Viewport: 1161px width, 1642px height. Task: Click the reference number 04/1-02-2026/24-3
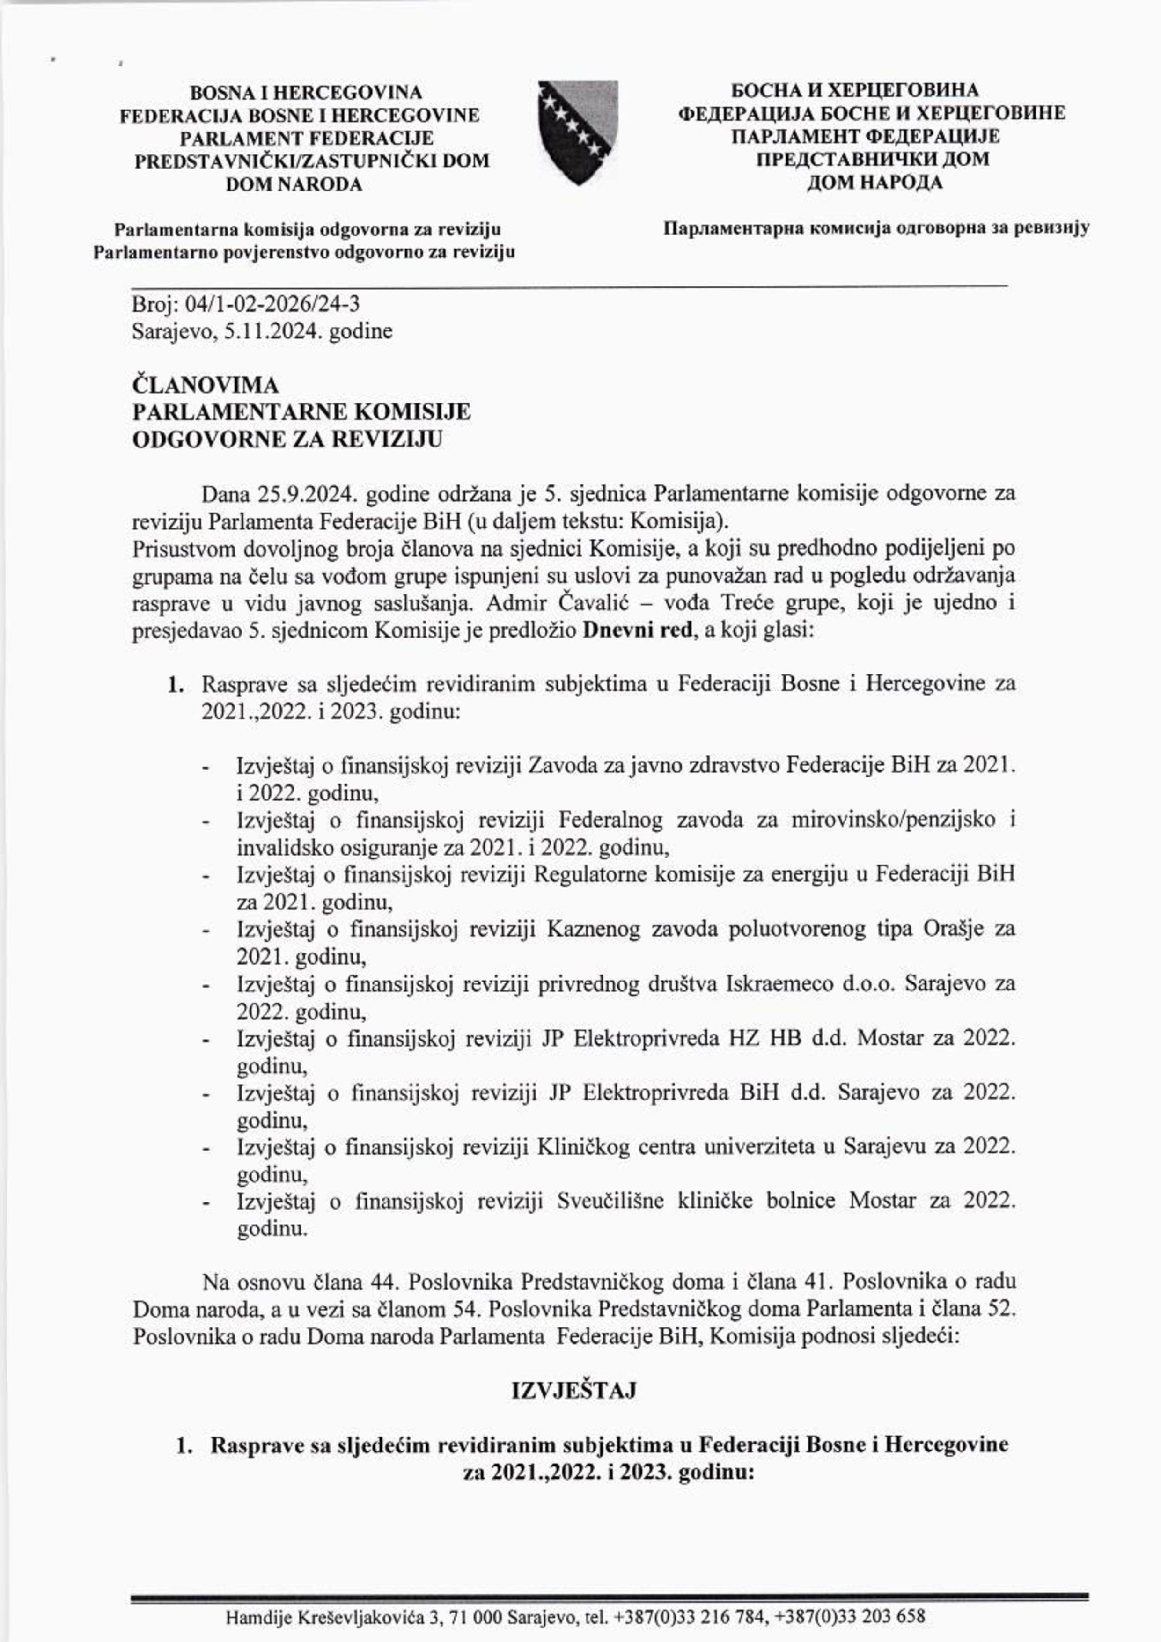click(272, 305)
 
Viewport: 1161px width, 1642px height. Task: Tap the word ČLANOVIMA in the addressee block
click(206, 386)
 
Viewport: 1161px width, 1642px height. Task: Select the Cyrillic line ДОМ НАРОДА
click(874, 183)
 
